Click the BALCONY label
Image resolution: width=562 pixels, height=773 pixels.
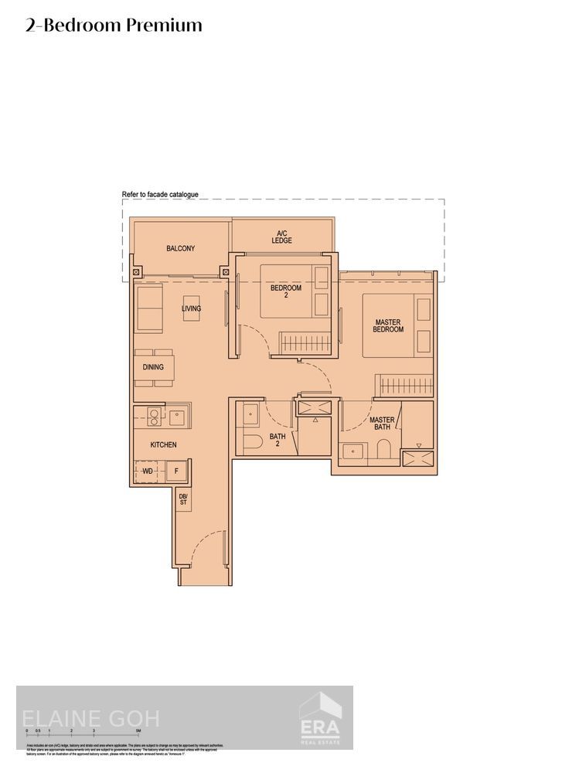(x=180, y=249)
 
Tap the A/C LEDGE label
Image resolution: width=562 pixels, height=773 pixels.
(x=281, y=237)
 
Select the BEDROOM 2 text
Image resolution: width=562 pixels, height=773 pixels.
(x=285, y=291)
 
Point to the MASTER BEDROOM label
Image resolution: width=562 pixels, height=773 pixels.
(x=388, y=325)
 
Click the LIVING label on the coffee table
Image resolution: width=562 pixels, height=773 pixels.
(x=191, y=308)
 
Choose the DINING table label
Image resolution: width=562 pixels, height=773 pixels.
(x=153, y=367)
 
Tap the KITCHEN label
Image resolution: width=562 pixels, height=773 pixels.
(x=163, y=444)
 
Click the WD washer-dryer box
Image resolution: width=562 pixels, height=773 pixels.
(x=147, y=470)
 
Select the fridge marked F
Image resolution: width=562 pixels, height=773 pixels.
(x=175, y=470)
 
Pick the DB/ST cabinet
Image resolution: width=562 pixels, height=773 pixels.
(x=183, y=499)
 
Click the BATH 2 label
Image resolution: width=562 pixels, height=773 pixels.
(x=278, y=440)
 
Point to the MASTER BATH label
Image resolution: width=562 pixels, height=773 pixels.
(x=383, y=424)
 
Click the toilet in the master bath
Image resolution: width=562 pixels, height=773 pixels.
(x=384, y=450)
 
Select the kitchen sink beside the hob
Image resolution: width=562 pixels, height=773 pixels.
(x=178, y=417)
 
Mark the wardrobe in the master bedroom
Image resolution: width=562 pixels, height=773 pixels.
(x=404, y=385)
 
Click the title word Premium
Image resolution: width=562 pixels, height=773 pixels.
(x=164, y=26)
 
